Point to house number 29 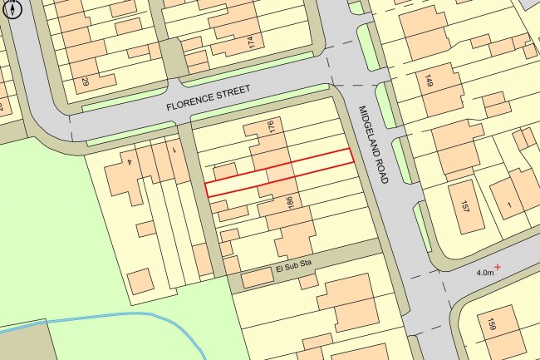click(x=85, y=82)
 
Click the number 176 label click(x=270, y=128)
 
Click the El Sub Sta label click(x=297, y=269)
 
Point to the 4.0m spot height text click(x=484, y=272)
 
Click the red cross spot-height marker click(x=498, y=266)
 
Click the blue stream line click(x=125, y=317)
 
